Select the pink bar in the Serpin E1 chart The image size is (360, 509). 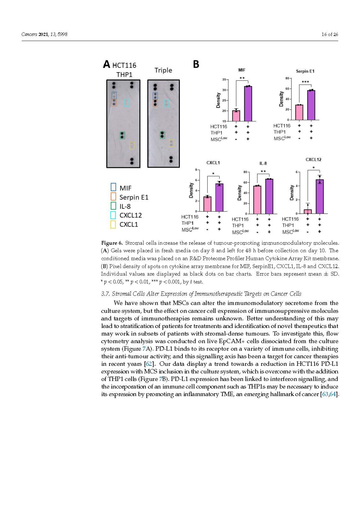coord(299,112)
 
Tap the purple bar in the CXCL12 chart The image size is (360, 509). coord(320,197)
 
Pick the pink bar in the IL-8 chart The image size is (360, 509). coord(257,200)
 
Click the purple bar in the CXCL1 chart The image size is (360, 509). coord(219,198)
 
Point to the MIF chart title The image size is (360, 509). coord(242,70)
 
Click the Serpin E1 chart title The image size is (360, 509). coord(305,71)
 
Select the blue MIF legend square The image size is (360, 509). coord(113,188)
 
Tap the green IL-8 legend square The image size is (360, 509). coord(113,206)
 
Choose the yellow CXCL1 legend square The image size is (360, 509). coord(113,225)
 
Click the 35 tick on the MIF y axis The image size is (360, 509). coord(224,80)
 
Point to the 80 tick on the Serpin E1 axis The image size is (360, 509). coord(287,78)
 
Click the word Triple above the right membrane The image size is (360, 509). coord(163,70)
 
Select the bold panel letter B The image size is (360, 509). coord(196,65)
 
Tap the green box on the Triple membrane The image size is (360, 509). coord(162,135)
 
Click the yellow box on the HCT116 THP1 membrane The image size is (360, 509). coord(132,146)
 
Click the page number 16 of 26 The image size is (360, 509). coord(330,34)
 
